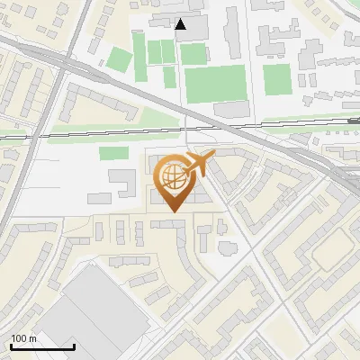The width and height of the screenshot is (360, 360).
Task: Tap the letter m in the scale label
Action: click(33, 338)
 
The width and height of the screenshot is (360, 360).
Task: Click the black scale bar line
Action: click(42, 346)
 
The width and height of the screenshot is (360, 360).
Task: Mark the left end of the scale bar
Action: click(11, 346)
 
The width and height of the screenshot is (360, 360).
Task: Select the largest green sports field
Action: click(215, 83)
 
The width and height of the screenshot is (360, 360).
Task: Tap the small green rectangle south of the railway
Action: click(112, 153)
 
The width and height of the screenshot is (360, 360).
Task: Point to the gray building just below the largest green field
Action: click(230, 109)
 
